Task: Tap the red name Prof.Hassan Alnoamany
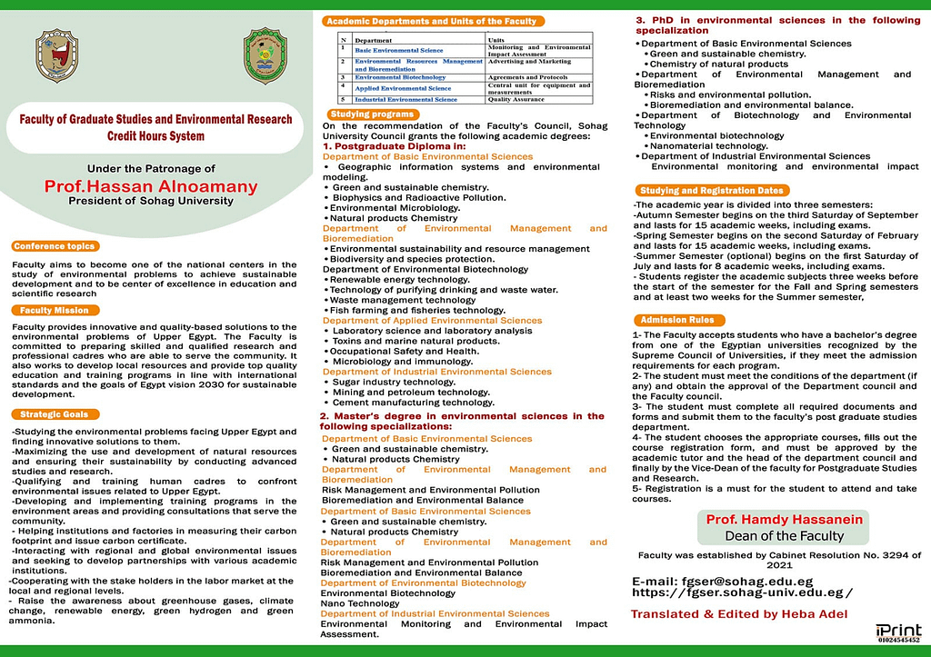151,186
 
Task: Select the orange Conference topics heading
55,246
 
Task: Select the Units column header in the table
496,40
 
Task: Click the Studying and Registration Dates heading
711,191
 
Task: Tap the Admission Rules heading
677,320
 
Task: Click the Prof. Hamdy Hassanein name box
786,526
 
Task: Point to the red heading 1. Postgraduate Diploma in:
395,145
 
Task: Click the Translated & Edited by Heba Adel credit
739,615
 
